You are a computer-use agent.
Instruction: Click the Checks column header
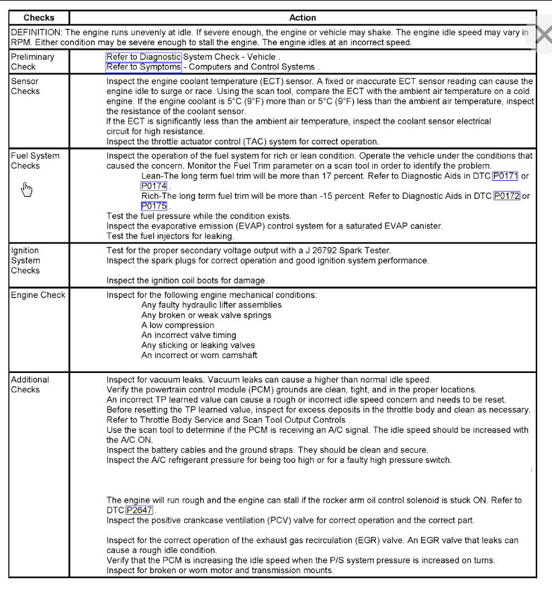(x=39, y=17)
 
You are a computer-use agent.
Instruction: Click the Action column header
(x=302, y=17)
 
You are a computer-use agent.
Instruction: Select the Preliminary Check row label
(x=32, y=62)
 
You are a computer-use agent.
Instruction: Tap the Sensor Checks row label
(x=25, y=86)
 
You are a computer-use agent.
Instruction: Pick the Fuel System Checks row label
(x=35, y=160)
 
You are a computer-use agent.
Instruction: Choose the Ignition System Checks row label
(x=26, y=260)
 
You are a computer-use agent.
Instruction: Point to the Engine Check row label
(x=38, y=295)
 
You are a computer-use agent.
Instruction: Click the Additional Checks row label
(x=30, y=384)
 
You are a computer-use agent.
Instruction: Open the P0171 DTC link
(x=505, y=176)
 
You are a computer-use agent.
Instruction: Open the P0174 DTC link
(x=154, y=186)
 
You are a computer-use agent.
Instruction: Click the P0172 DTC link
(x=507, y=196)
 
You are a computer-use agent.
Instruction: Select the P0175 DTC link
(x=154, y=206)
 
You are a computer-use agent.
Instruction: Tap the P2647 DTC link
(x=140, y=510)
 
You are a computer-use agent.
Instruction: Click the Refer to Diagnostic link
(x=144, y=57)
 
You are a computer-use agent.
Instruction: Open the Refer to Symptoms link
(x=144, y=67)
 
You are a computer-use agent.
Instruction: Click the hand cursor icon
(x=27, y=189)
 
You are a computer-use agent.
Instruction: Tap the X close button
(x=542, y=36)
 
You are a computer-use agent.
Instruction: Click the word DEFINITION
(x=36, y=32)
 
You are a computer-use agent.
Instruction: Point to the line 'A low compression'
(x=177, y=325)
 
